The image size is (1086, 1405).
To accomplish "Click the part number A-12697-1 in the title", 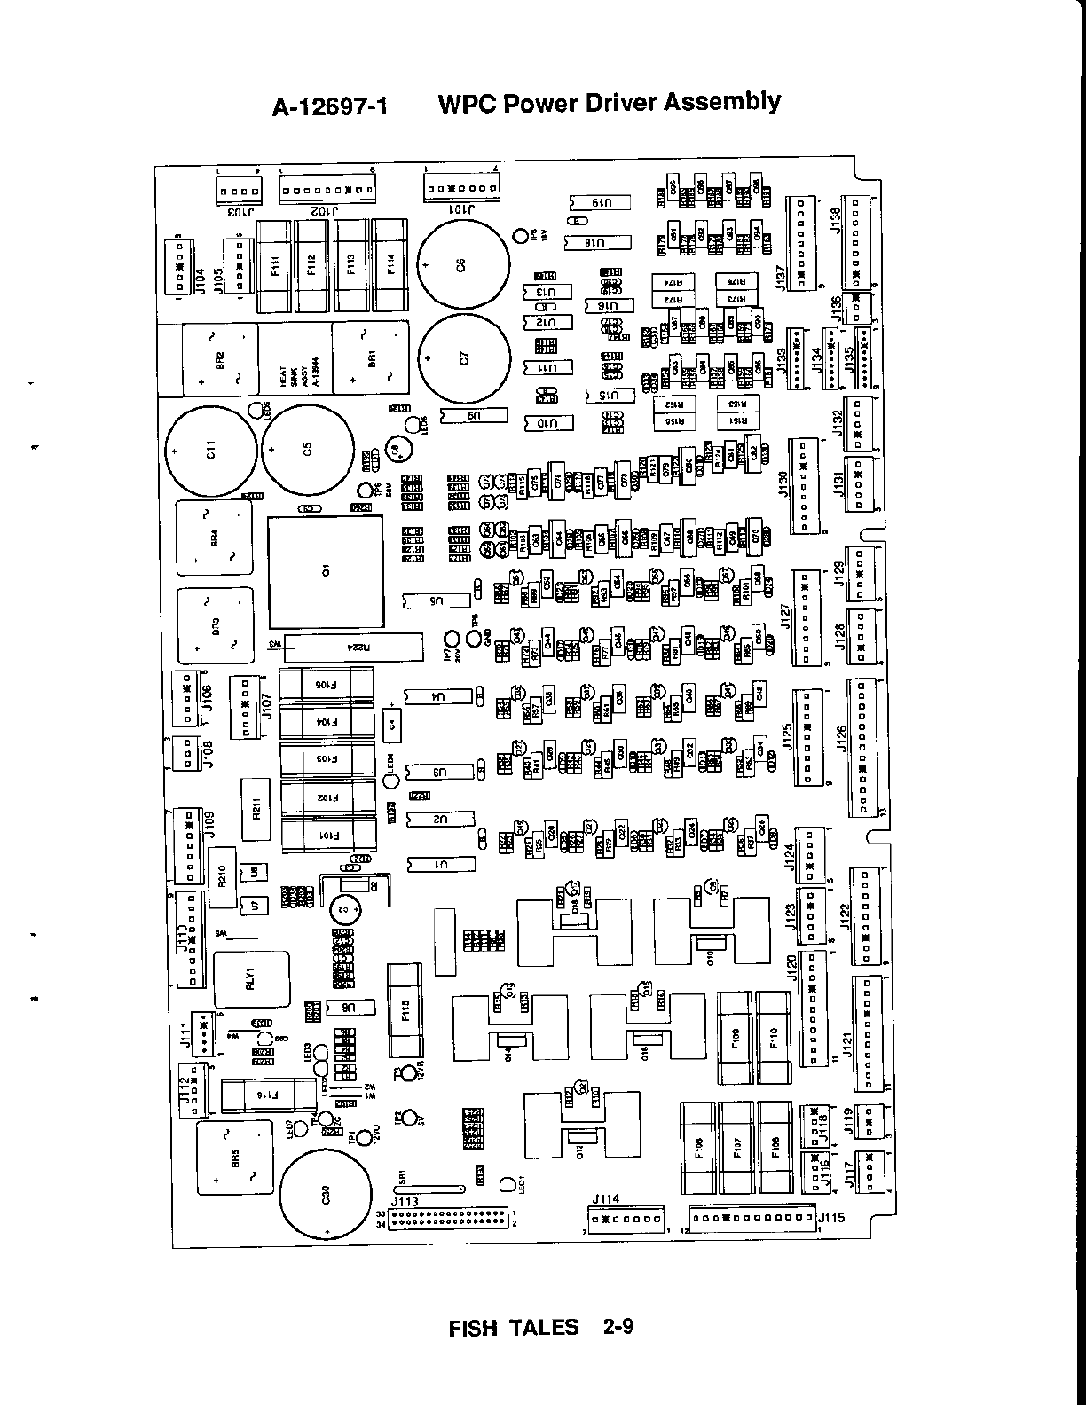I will click(331, 107).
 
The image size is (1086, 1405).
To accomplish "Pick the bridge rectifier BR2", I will click(220, 358).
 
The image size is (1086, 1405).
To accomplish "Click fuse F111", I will click(274, 265).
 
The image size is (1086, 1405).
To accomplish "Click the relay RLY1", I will click(250, 980).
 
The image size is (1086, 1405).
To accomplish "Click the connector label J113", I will click(405, 1202).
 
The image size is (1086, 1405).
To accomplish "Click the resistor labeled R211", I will click(256, 809).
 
